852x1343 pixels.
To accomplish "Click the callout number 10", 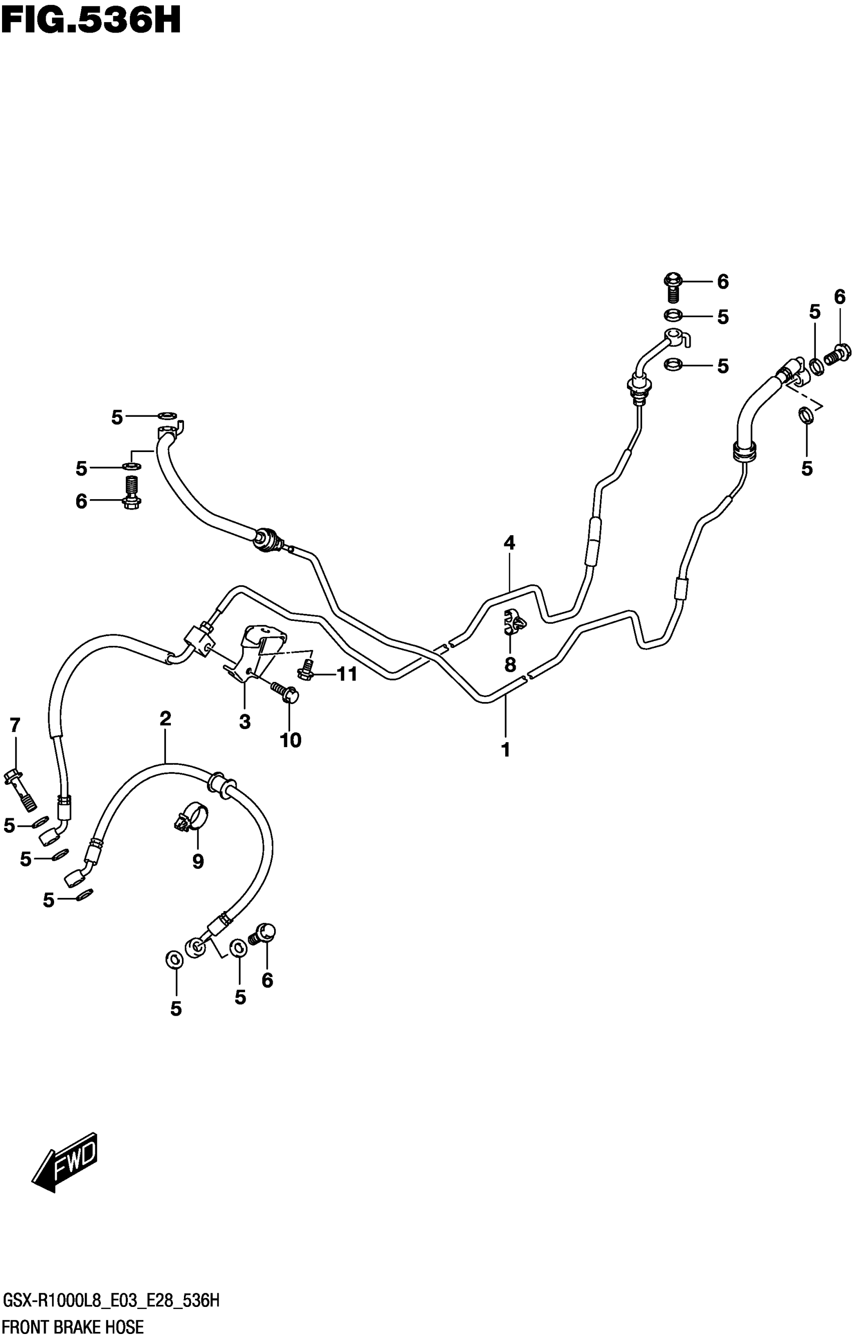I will pyautogui.click(x=291, y=740).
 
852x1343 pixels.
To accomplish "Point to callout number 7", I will pyautogui.click(x=15, y=725).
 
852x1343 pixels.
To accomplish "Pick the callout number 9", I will pyautogui.click(x=198, y=862).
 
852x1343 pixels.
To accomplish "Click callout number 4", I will pyautogui.click(x=509, y=542).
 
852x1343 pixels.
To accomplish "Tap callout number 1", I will pyautogui.click(x=506, y=750).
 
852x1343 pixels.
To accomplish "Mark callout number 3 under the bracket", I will pyautogui.click(x=245, y=722).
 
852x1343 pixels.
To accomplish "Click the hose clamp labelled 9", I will pyautogui.click(x=190, y=816).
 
